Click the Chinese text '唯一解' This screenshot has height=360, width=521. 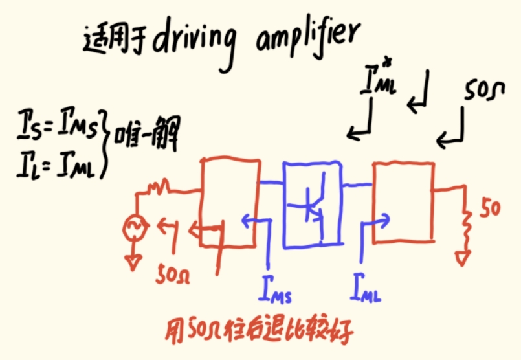145,135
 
